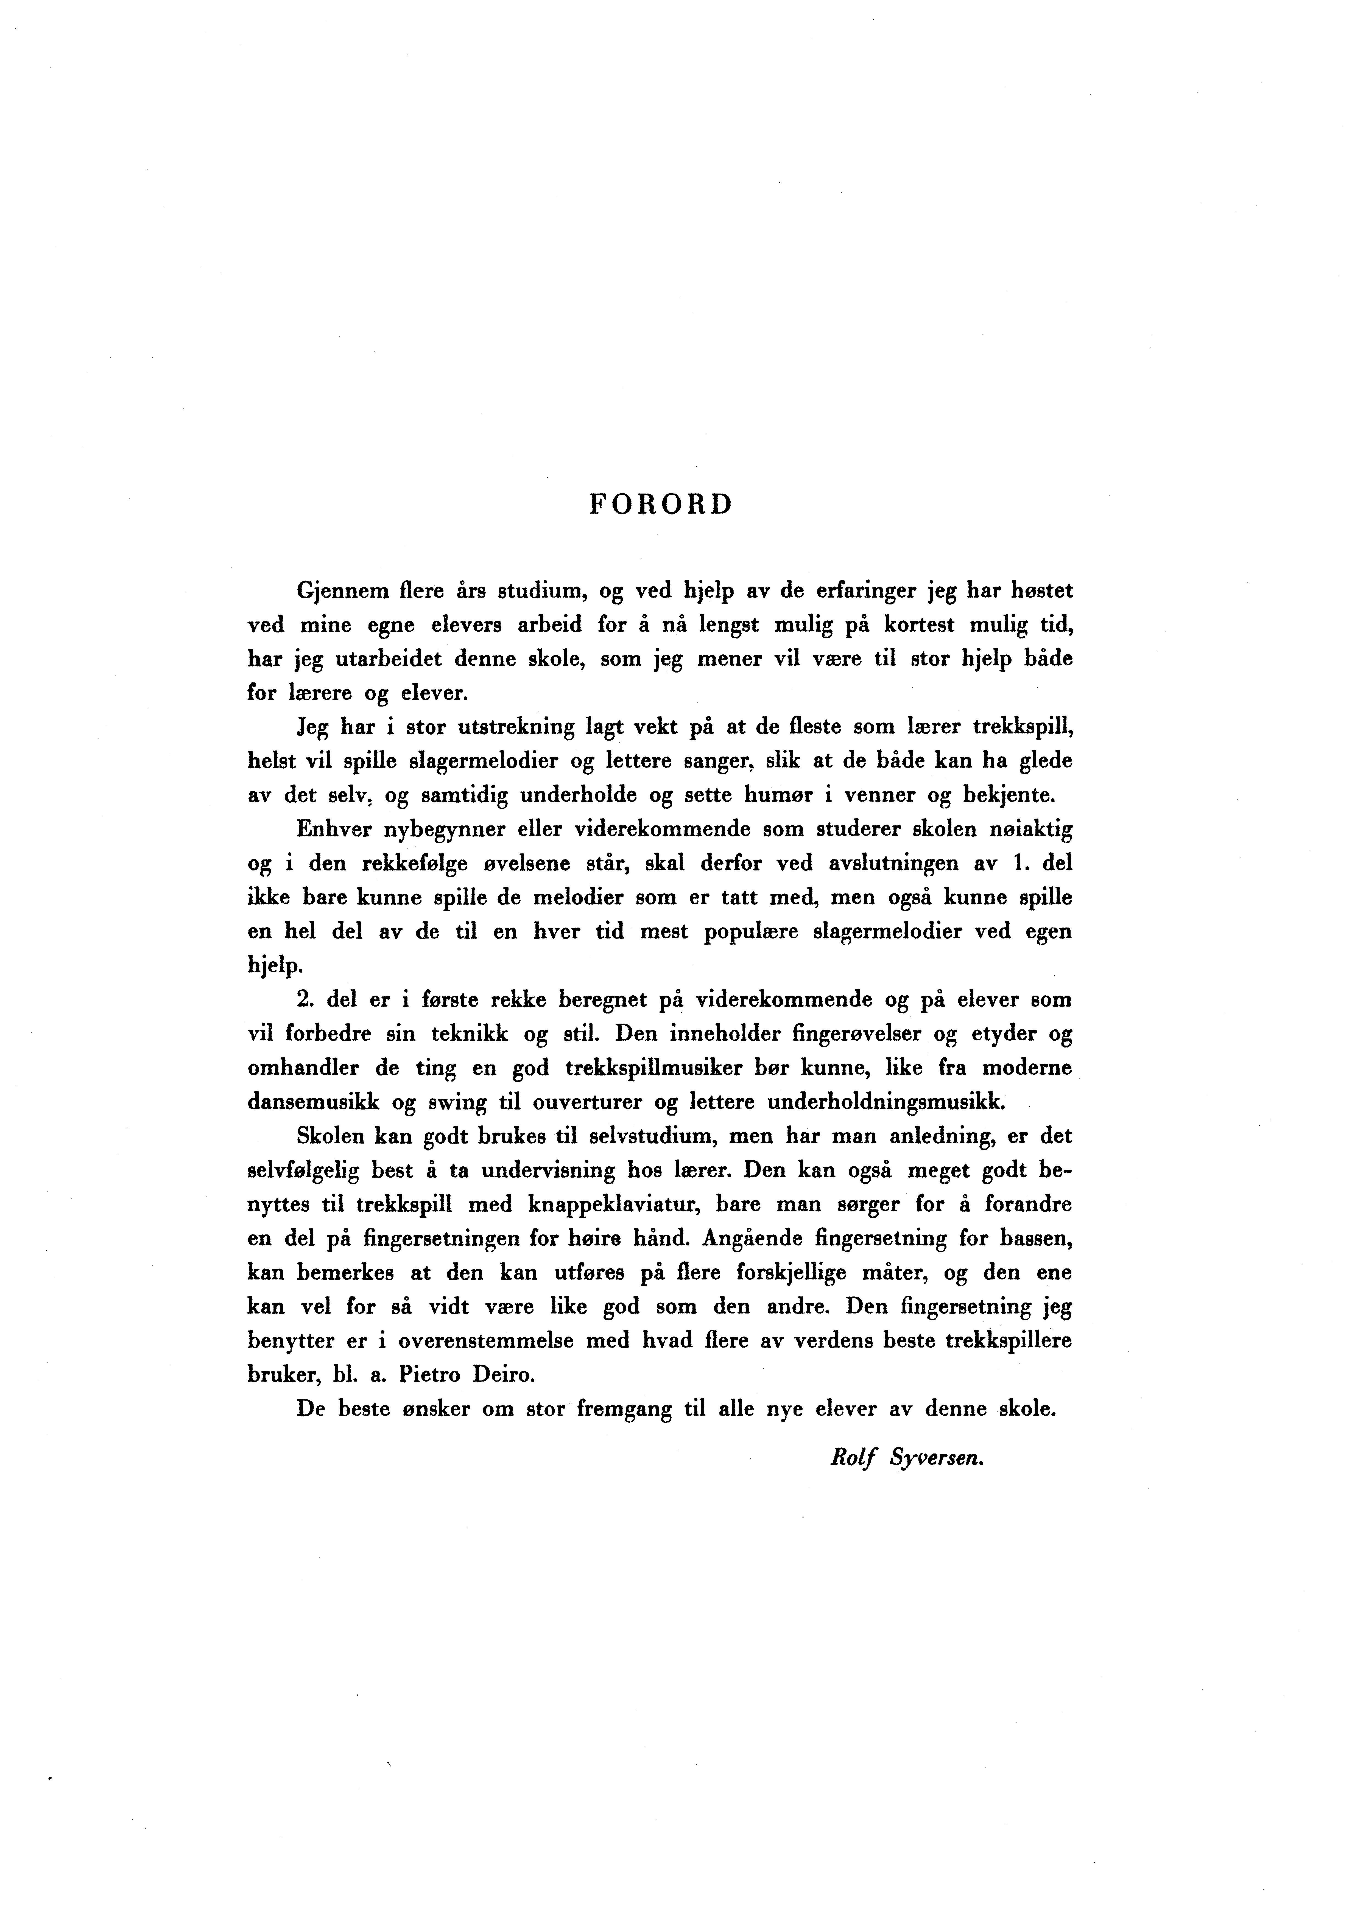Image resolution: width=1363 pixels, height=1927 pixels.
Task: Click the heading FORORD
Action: [x=661, y=505]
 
